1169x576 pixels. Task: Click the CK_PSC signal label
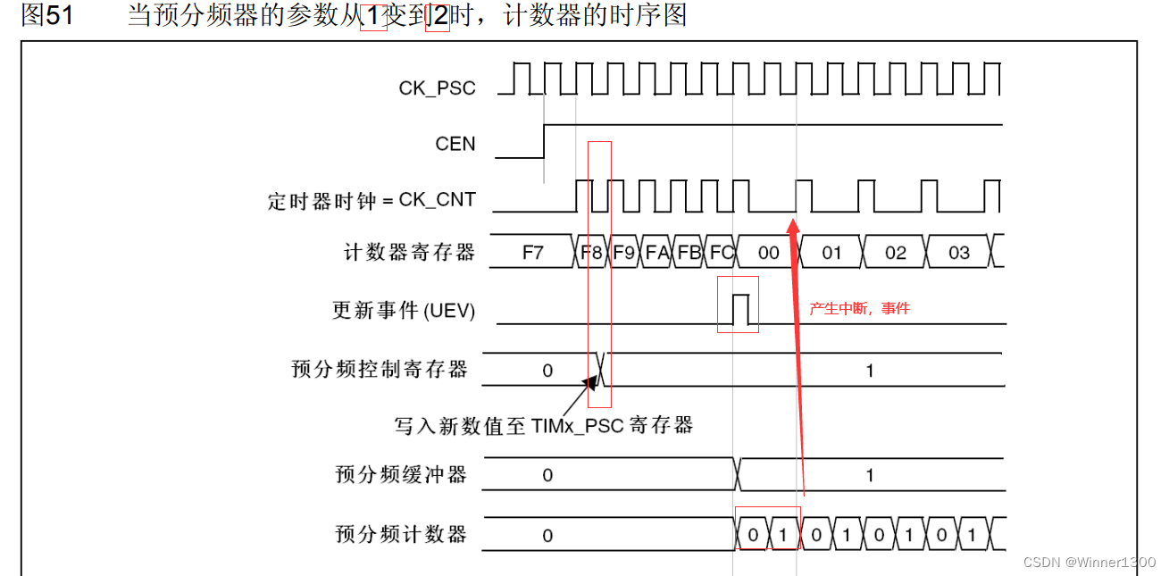coord(437,88)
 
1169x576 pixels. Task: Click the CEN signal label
coord(455,144)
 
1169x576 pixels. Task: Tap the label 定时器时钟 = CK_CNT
coord(372,200)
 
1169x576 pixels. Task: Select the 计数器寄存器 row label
coord(410,253)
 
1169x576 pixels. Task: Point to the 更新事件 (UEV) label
coord(404,311)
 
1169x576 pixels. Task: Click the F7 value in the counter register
coord(532,253)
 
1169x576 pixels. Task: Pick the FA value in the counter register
coord(656,253)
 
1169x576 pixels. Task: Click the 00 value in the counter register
coord(768,253)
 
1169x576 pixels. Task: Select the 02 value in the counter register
coord(895,253)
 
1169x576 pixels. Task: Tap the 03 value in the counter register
coord(958,253)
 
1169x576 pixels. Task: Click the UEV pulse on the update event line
coord(739,308)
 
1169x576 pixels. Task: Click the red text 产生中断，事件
coord(859,308)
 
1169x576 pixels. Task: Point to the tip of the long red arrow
coord(793,215)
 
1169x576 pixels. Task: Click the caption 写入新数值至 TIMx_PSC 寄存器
coord(544,425)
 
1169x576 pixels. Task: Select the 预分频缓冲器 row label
coord(401,474)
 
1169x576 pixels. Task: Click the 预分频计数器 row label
coord(401,534)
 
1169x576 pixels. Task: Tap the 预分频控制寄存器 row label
coord(380,369)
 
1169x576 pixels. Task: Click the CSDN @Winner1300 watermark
coord(1089,562)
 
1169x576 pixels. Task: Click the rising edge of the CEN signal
coord(545,141)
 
